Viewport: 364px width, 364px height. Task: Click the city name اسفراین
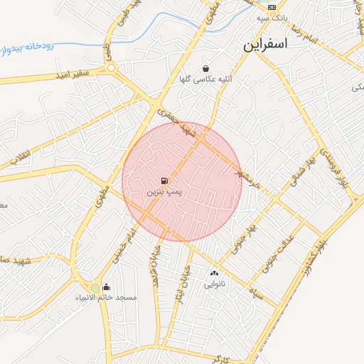[264, 44]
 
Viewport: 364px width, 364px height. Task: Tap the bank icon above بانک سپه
[271, 6]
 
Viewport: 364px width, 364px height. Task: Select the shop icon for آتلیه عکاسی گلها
[205, 69]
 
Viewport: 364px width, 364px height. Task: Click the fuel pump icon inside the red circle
[165, 181]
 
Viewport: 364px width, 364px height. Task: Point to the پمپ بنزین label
[165, 193]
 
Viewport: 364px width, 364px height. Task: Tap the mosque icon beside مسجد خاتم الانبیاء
[106, 287]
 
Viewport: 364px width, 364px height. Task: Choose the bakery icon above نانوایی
[214, 274]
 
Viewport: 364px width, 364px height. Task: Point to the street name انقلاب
[15, 156]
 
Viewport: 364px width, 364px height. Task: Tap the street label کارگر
[227, 360]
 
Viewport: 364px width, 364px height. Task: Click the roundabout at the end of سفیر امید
[112, 68]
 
